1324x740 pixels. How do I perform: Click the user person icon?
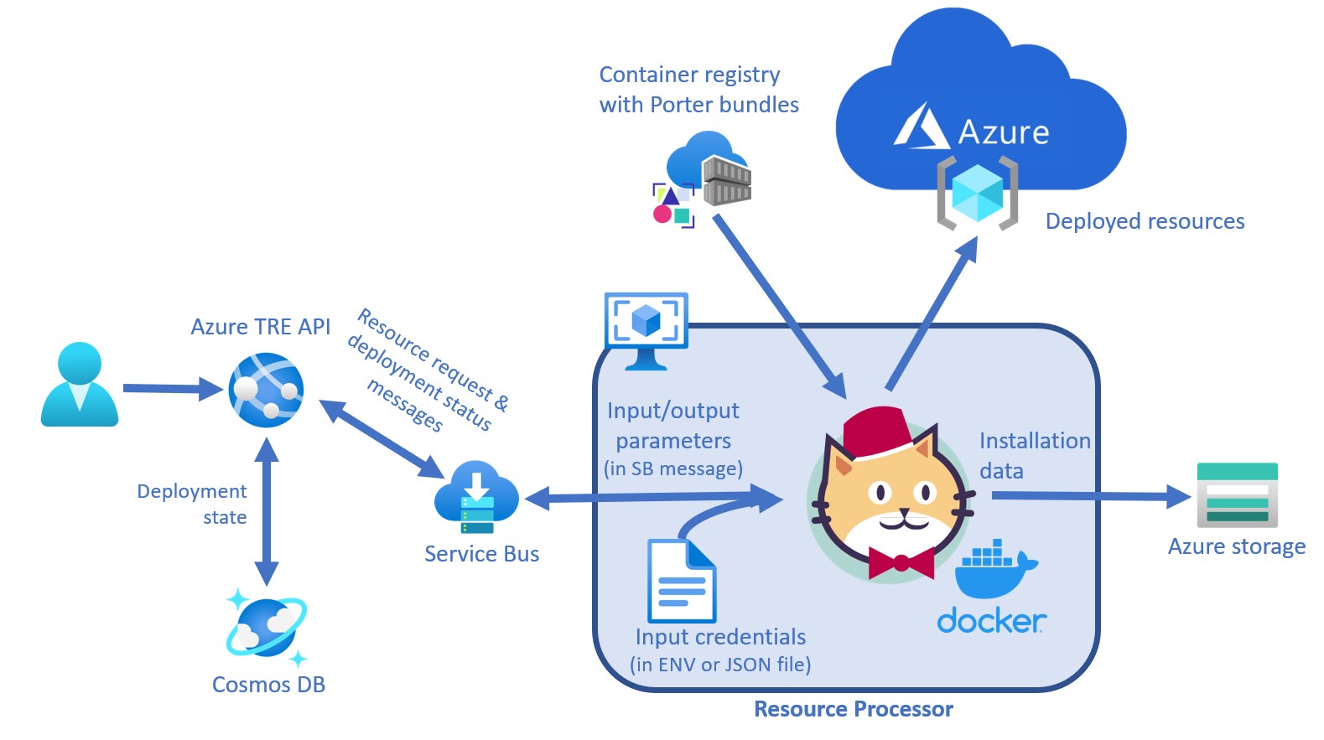(80, 385)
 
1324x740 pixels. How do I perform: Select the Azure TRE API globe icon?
(266, 390)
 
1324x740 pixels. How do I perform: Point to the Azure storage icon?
(1237, 494)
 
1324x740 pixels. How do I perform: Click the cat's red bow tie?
(901, 562)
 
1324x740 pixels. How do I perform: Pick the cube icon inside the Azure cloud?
(977, 193)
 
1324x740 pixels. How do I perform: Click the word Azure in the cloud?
(1003, 132)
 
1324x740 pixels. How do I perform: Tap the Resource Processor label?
(853, 709)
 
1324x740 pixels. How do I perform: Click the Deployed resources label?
(1145, 221)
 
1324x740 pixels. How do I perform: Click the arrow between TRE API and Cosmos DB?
(267, 510)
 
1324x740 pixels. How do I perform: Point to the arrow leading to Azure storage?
(1090, 496)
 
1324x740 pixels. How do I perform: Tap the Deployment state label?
(192, 504)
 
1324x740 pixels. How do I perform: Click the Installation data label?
(1034, 455)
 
